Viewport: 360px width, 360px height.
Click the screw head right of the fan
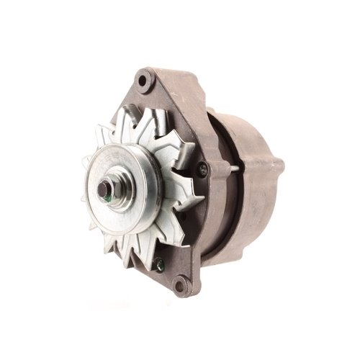204,169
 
